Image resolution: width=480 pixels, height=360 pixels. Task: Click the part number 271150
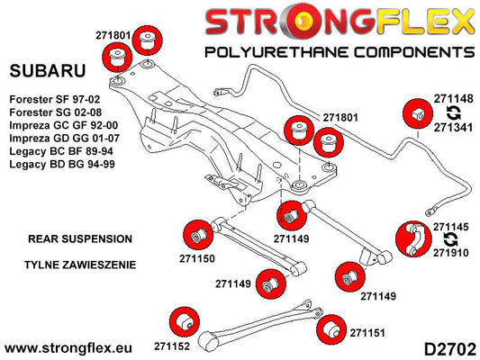(197, 259)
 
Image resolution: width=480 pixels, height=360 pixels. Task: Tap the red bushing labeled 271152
(185, 322)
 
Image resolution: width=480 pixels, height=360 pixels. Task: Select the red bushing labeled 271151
(331, 329)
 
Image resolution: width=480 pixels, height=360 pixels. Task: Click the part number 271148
(453, 99)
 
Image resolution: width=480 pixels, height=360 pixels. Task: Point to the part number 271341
(453, 128)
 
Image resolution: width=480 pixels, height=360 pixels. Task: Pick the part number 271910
(450, 253)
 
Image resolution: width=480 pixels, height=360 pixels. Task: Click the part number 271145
(450, 227)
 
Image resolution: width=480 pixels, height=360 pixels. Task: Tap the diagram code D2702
(449, 349)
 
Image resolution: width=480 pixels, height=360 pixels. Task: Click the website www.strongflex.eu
(68, 348)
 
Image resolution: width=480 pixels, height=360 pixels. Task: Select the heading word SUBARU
(48, 71)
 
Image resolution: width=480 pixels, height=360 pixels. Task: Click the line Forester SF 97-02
(55, 99)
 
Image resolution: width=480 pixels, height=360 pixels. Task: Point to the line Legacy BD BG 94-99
(62, 164)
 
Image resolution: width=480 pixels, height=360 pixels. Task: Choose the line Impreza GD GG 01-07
(64, 139)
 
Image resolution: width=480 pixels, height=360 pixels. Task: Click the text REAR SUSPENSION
(80, 238)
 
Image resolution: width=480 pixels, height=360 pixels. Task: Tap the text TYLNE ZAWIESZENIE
(80, 265)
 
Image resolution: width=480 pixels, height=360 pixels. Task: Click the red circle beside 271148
(418, 113)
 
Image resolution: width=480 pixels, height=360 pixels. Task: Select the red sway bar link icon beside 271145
(413, 239)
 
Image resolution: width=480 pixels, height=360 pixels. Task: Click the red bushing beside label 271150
(198, 235)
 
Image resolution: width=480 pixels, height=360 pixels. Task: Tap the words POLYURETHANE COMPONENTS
(340, 52)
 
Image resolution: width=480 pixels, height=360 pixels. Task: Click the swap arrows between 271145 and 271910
(451, 240)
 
